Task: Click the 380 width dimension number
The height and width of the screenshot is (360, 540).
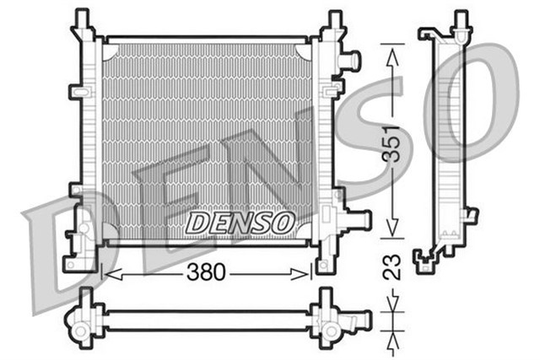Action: (x=207, y=273)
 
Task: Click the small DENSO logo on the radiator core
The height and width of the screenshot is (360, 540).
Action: (x=240, y=223)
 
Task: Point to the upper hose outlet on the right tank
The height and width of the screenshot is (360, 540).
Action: (x=350, y=61)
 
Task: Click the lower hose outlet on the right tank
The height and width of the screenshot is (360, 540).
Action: (x=359, y=220)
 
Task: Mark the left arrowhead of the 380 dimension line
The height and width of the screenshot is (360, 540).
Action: (x=106, y=273)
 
